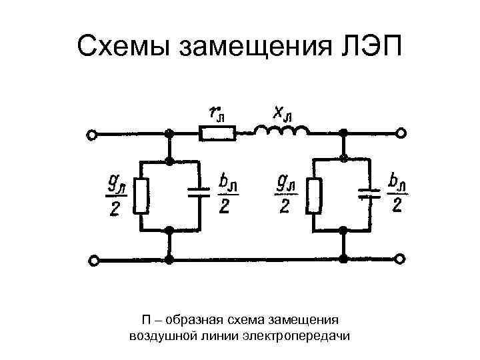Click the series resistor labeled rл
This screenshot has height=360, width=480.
[218, 134]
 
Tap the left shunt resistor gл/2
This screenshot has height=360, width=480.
[141, 196]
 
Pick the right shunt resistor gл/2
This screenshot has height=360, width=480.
[314, 196]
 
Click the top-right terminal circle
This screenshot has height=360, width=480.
[401, 134]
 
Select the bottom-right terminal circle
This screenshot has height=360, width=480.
[401, 258]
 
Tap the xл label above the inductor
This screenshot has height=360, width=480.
[282, 113]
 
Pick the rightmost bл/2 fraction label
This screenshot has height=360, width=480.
[397, 193]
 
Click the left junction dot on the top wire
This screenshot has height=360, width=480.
[170, 134]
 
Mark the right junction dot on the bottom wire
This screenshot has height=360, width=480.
[343, 258]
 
